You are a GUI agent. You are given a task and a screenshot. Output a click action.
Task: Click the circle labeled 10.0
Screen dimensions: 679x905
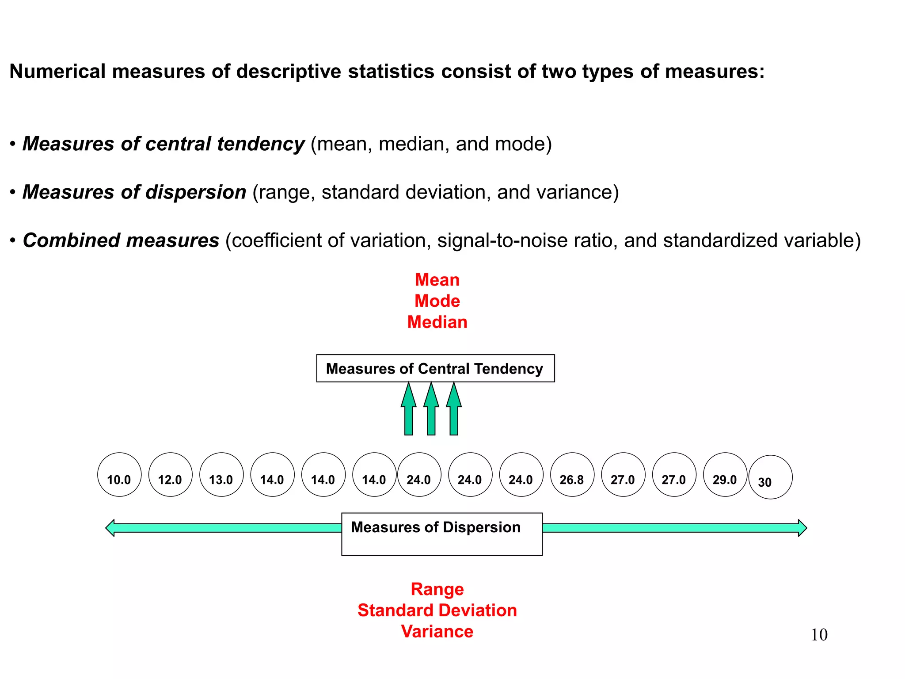119,474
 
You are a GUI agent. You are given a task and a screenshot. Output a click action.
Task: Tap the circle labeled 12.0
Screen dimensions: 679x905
170,474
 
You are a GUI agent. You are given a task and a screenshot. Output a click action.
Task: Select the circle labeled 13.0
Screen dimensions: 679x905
221,474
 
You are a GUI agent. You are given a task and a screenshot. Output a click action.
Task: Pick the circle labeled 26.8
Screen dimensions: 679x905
572,474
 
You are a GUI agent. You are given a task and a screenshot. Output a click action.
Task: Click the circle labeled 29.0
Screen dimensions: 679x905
725,474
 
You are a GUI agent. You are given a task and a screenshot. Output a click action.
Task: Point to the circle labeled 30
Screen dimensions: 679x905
770,477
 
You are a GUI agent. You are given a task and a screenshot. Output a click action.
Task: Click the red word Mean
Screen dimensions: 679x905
437,280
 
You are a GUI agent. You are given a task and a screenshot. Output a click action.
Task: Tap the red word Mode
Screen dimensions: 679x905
437,301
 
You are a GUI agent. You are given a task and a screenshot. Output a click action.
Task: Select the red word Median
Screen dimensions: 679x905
437,322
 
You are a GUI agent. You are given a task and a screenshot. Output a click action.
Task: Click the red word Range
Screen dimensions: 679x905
437,589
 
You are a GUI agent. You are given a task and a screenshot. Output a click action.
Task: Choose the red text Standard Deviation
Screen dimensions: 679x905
437,610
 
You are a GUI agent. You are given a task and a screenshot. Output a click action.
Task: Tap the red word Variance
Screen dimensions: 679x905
437,632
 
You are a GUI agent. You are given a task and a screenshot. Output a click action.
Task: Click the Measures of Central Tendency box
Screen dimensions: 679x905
435,368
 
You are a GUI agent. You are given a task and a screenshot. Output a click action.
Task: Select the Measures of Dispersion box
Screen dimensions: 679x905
441,534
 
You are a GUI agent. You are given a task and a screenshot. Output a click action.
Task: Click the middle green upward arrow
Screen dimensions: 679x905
431,409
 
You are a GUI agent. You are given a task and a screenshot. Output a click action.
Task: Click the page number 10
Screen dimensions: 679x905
819,635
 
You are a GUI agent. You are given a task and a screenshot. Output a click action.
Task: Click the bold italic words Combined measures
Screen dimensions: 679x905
121,240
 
